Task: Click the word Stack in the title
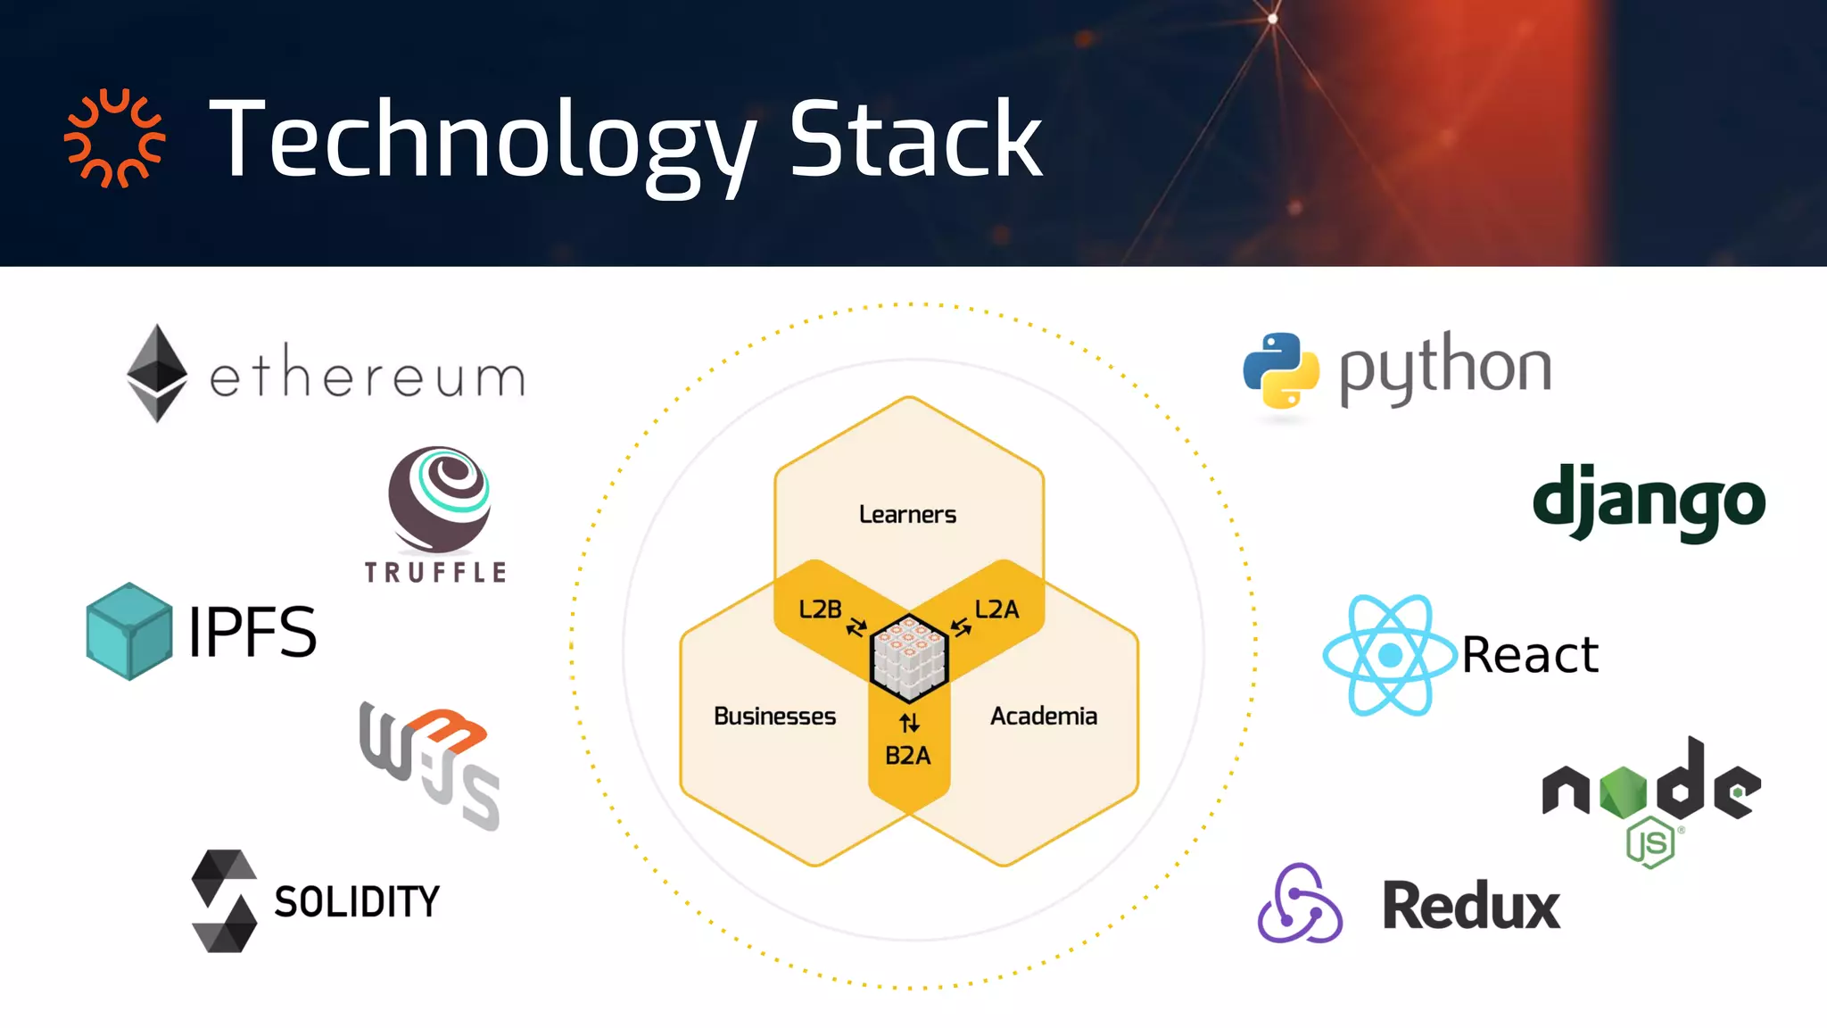(915, 139)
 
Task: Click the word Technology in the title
(482, 143)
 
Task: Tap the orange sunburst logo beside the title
(114, 138)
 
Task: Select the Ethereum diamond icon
(157, 373)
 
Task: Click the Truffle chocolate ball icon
(439, 500)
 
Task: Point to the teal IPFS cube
(129, 631)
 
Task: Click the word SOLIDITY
(357, 901)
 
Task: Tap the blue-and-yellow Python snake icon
(1281, 370)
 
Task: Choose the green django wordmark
(1649, 502)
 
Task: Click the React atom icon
(1390, 655)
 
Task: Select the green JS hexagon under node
(1650, 842)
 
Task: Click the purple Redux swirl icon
(1299, 903)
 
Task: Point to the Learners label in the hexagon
(907, 515)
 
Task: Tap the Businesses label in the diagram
(774, 717)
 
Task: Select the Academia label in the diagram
(1043, 717)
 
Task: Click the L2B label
(820, 609)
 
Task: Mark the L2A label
(996, 609)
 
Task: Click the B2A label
(907, 756)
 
